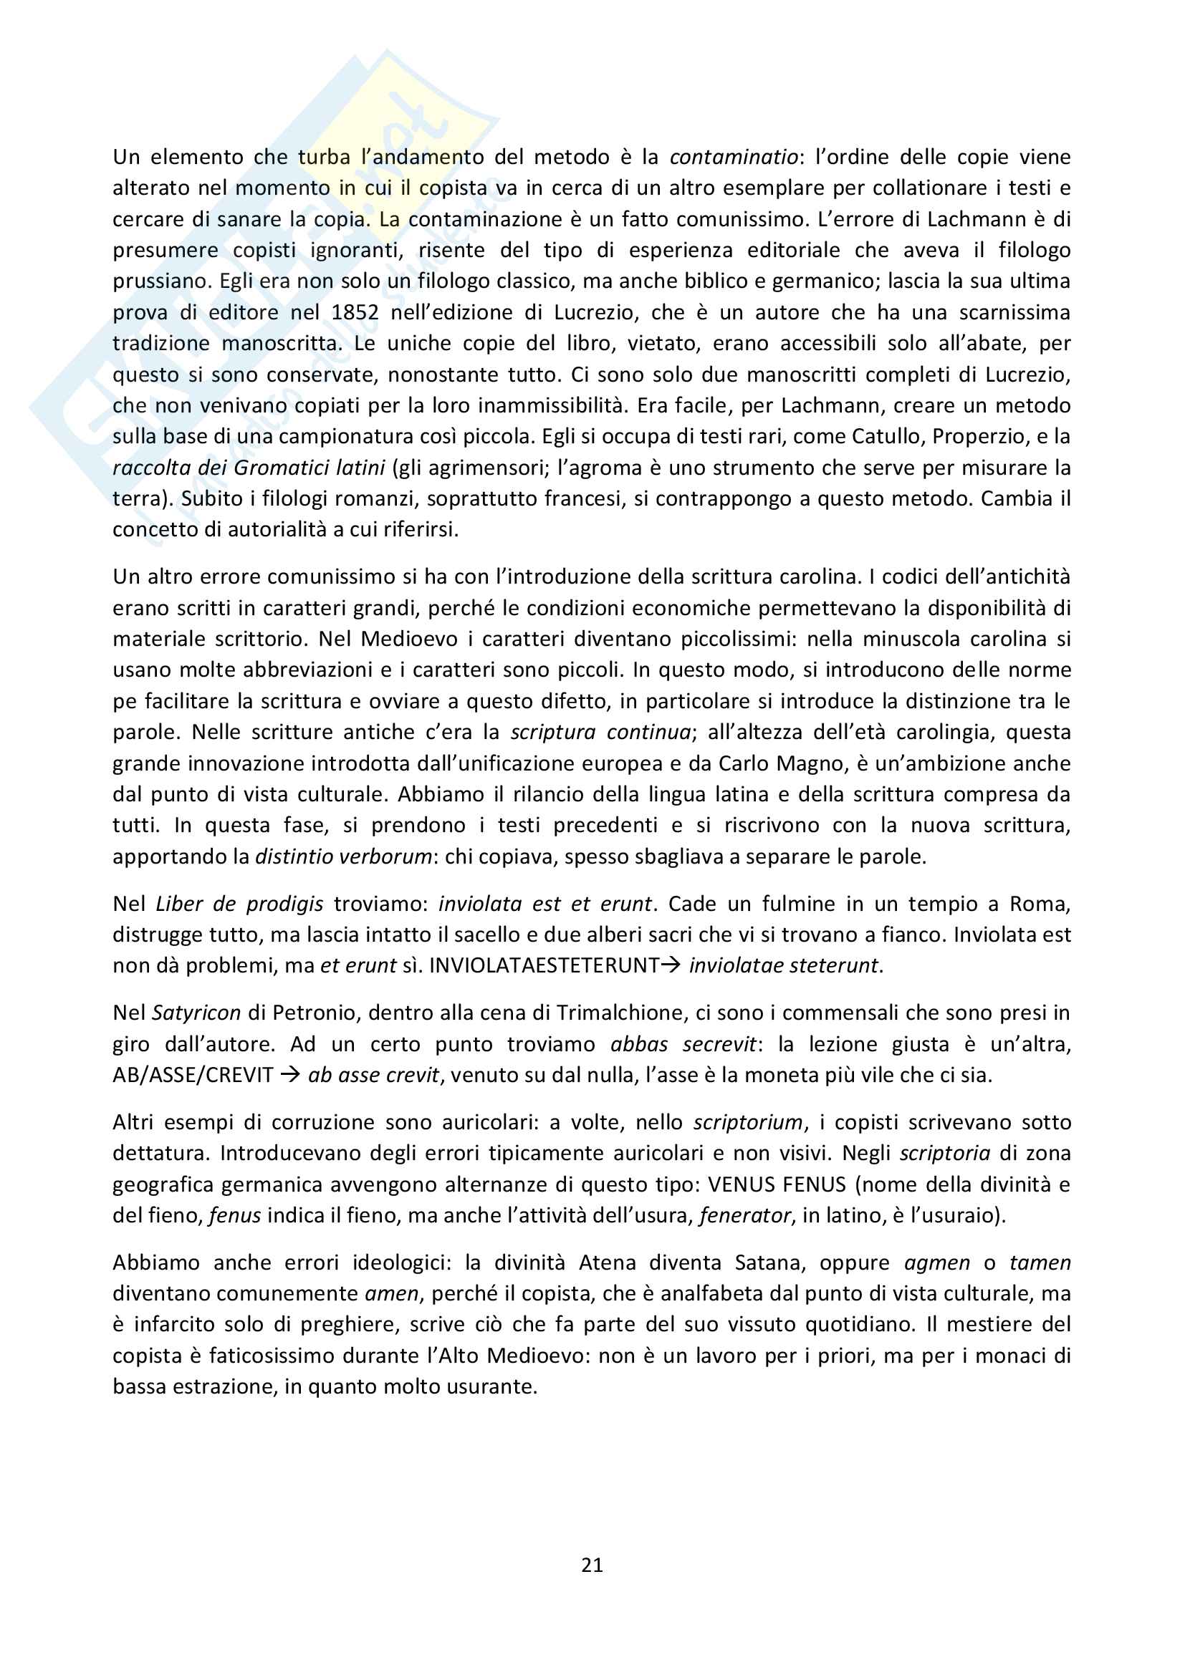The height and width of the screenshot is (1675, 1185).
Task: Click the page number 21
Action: [x=592, y=1565]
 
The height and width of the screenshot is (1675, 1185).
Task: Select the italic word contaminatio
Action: [x=734, y=157]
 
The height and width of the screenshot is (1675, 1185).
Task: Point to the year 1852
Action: [x=355, y=312]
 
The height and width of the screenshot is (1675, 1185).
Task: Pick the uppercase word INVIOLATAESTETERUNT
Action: [x=544, y=965]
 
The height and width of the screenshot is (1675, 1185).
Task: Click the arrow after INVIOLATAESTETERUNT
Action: [x=671, y=965]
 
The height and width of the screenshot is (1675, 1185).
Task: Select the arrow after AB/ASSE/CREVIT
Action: [x=290, y=1075]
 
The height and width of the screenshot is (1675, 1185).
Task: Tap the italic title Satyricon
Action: [x=196, y=1013]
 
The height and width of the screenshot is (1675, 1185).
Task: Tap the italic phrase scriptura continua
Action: [x=600, y=732]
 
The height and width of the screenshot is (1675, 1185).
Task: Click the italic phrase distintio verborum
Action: [x=343, y=856]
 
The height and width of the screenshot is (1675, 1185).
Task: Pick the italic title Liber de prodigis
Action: [x=239, y=903]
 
